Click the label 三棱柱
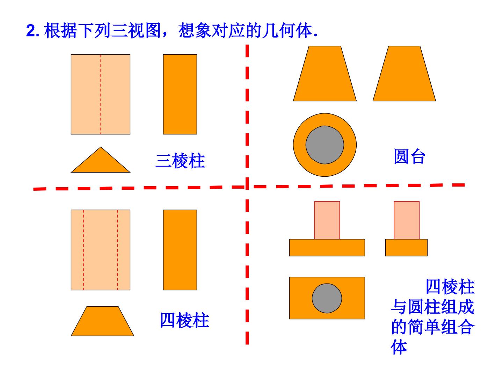pos(180,160)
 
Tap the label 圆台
pos(409,156)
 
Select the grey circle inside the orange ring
pos(325,145)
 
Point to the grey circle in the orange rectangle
pos(327,298)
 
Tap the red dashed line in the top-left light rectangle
pos(101,94)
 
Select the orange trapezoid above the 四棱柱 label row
pos(102,321)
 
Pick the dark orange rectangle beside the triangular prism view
pos(180,94)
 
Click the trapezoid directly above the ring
pos(325,73)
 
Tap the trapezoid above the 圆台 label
pos(404,73)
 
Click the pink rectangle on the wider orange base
pos(327,220)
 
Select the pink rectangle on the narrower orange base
pos(407,220)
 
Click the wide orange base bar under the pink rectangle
pos(327,248)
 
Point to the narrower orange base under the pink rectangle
pos(406,248)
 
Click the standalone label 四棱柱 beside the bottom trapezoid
pos(184,320)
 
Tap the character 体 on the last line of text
pos(399,347)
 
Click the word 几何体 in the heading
pos(287,30)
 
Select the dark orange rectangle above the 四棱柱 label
pos(180,250)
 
